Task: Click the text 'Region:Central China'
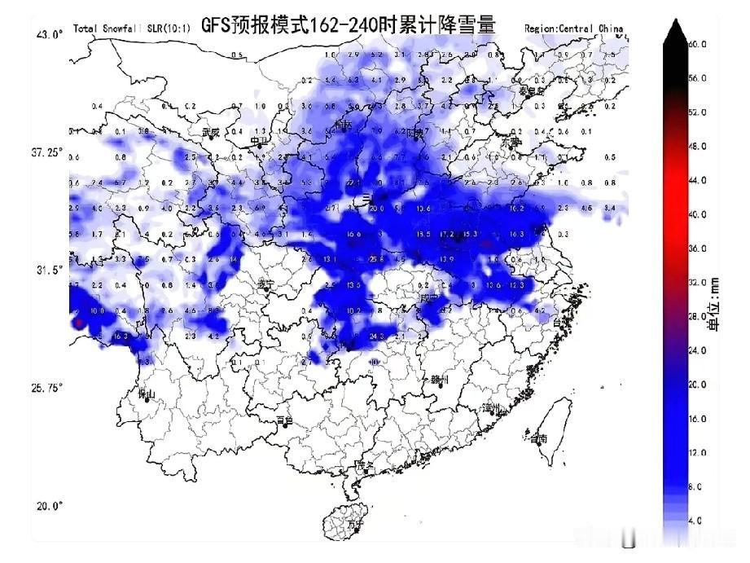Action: (574, 29)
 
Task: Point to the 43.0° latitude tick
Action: (49, 34)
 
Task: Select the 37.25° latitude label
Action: (46, 152)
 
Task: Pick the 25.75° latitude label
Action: (46, 388)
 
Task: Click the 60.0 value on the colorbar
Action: (697, 44)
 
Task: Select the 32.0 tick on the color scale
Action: (697, 282)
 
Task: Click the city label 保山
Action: (147, 394)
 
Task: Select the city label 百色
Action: (283, 420)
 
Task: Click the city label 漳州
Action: (489, 407)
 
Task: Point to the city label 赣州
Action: (441, 380)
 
